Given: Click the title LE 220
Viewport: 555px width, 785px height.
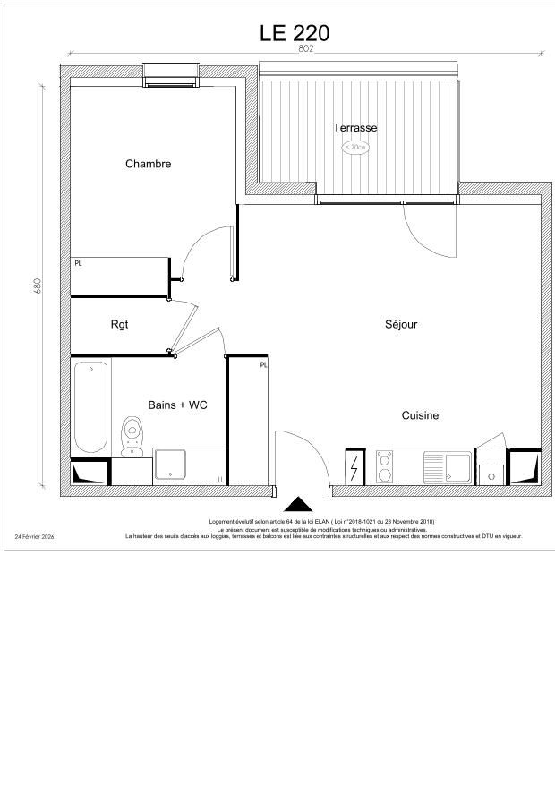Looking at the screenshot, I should (295, 33).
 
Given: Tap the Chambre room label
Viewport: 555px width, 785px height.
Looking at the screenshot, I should (148, 164).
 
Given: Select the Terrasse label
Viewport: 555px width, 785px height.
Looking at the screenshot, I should (355, 128).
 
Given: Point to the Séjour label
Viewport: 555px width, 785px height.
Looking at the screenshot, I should (401, 325).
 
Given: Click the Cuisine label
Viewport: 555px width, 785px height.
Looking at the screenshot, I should (420, 415).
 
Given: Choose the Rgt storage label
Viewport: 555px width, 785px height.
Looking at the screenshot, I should (119, 324).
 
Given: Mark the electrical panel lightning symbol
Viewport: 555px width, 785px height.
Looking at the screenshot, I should (355, 466).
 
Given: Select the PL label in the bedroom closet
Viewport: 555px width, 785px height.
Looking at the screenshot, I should (78, 263).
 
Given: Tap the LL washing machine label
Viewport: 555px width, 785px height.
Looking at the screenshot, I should (220, 480).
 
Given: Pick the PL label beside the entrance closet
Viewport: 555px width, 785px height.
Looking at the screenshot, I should (263, 365).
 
